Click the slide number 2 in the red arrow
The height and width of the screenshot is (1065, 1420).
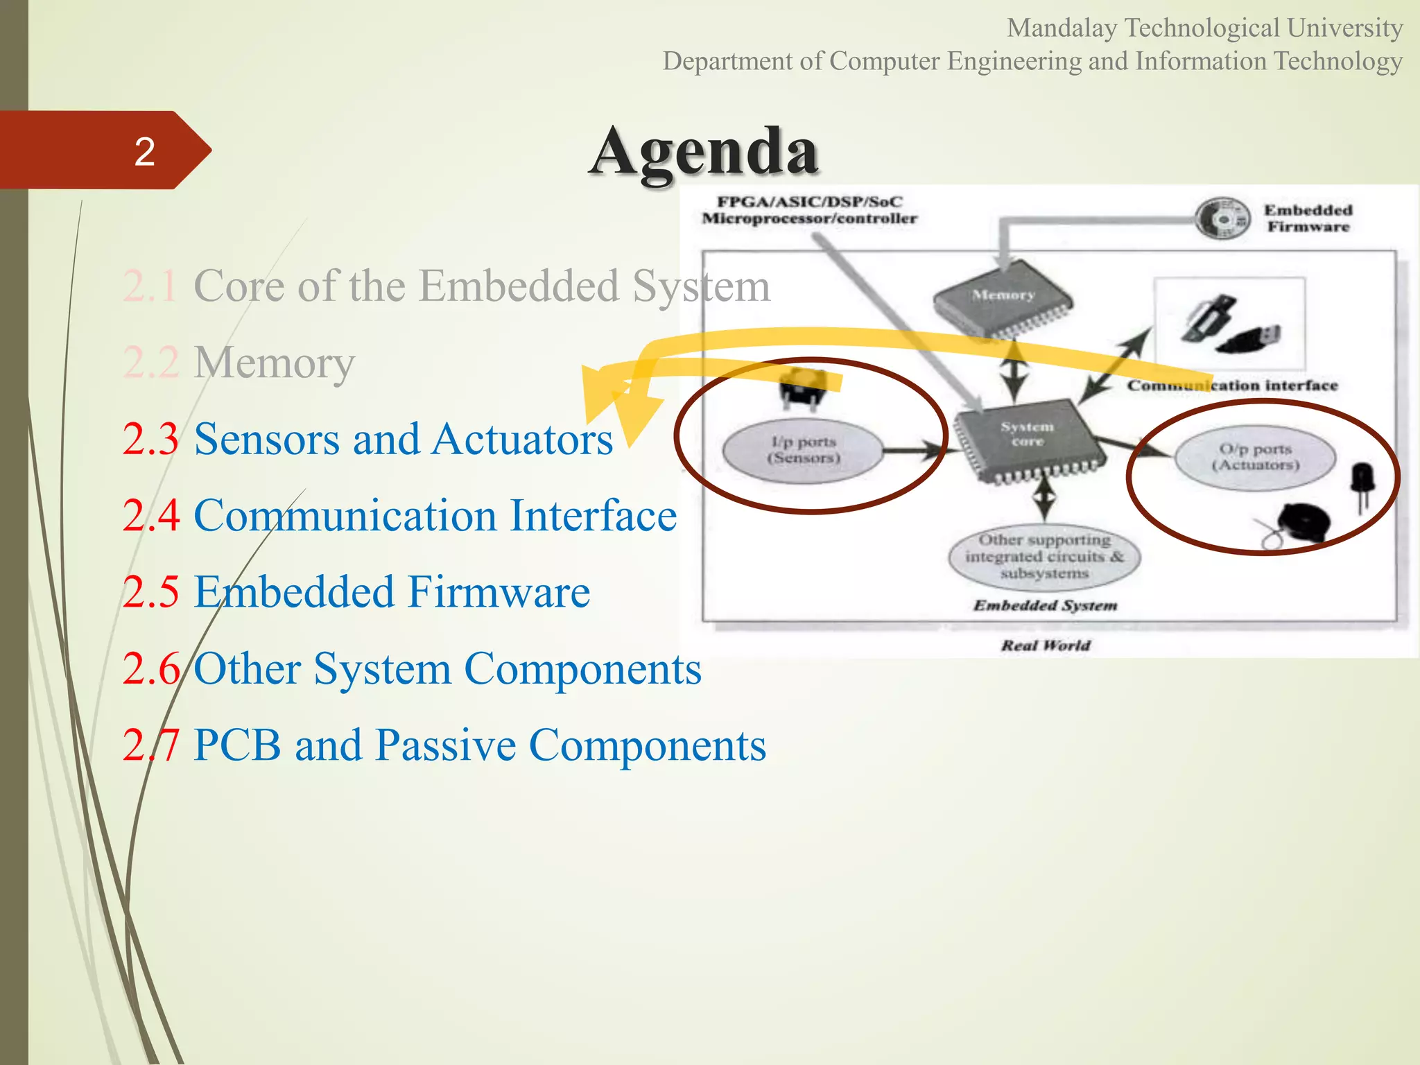coord(144,151)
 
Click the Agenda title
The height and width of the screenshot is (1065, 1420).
coord(704,151)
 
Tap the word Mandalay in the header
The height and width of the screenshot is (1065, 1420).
coord(1062,28)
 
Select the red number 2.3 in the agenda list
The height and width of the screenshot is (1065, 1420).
coord(150,439)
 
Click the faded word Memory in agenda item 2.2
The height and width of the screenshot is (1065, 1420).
coord(274,362)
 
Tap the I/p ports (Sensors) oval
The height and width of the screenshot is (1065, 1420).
coord(803,450)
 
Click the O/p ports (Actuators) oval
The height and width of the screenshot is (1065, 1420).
coord(1255,458)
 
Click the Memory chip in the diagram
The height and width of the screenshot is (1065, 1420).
coord(1003,297)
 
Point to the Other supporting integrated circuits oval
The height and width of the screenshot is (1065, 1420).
coord(1044,557)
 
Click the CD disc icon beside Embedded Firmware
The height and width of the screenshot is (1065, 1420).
coord(1222,218)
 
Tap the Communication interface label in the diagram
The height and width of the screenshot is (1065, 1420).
coord(1232,386)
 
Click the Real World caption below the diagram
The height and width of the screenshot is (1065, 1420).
coord(1046,646)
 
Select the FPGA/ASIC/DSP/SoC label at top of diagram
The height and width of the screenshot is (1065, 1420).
coord(809,202)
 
